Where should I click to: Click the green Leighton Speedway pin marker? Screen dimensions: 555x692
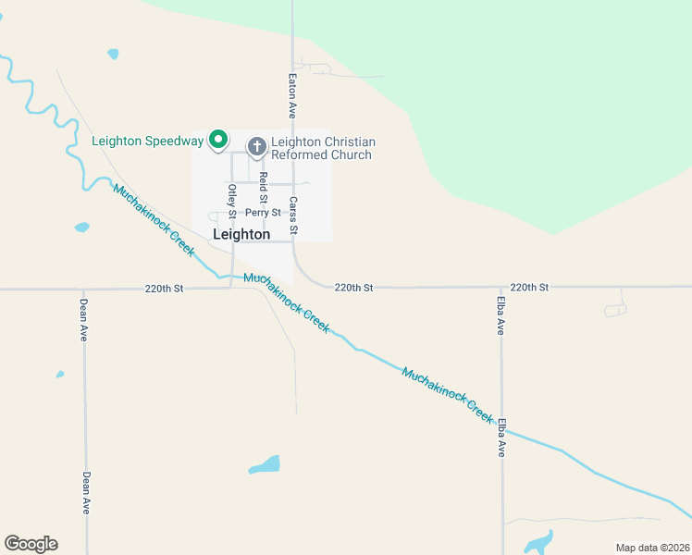[218, 140]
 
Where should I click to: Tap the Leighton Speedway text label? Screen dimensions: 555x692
[147, 141]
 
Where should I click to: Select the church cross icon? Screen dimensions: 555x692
[257, 147]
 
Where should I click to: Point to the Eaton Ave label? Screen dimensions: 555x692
[291, 96]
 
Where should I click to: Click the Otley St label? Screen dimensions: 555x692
[232, 202]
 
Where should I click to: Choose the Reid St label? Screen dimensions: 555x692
[263, 188]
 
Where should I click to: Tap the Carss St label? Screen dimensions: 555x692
[292, 215]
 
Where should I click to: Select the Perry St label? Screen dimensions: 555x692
[263, 213]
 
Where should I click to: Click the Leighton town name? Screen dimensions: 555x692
[241, 235]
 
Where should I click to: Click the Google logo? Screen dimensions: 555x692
[31, 544]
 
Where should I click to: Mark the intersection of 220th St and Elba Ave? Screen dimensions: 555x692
[501, 288]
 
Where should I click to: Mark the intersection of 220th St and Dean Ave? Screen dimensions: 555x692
[84, 289]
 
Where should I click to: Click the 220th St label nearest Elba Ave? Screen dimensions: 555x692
[529, 288]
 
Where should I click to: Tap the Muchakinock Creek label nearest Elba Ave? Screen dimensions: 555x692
[447, 395]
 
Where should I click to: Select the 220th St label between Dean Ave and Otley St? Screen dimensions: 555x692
[164, 289]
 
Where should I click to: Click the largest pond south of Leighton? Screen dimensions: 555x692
[265, 464]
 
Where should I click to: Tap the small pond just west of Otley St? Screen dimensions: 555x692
[82, 227]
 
